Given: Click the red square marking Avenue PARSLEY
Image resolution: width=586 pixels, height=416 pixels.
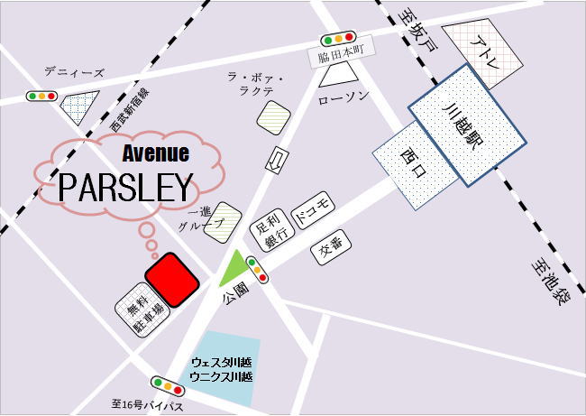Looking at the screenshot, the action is click(x=172, y=279).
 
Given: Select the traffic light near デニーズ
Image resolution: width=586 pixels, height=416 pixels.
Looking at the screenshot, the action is click(x=41, y=96).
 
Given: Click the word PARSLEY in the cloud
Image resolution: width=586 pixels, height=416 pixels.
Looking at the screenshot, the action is click(x=126, y=189).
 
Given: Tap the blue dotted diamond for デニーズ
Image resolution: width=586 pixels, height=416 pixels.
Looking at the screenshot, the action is click(x=79, y=107).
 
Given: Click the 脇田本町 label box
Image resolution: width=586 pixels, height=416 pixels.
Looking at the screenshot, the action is click(x=339, y=57).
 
